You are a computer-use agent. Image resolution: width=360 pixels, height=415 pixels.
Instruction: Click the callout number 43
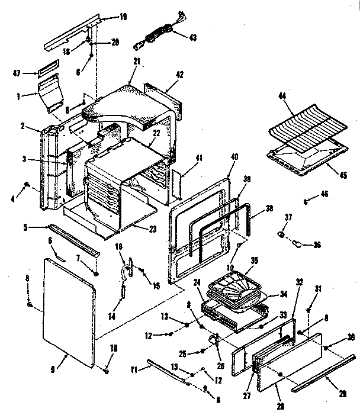tap(194, 37)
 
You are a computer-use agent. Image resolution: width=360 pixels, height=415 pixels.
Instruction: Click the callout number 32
tap(299, 282)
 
